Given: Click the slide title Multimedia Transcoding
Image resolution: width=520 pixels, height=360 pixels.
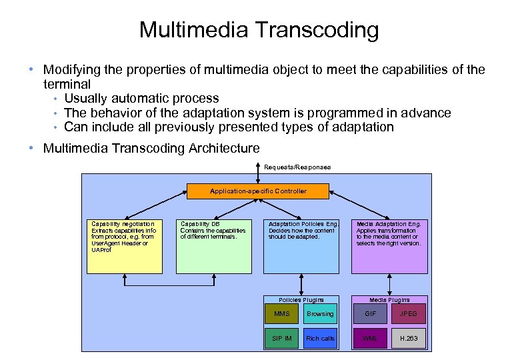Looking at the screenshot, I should pos(259,29).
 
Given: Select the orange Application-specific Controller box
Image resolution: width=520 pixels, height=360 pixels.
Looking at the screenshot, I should pos(258,191).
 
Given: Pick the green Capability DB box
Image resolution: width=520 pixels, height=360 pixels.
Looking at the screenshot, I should pos(214,246).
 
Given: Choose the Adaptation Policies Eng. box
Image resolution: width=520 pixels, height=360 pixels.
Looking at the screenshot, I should pos(301,246).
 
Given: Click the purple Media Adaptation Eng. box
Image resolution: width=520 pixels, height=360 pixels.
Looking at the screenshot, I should pos(390,246).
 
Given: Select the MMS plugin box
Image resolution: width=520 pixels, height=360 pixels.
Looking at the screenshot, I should pos(282,314).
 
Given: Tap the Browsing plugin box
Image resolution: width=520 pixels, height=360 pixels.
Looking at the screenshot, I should pos(320,314).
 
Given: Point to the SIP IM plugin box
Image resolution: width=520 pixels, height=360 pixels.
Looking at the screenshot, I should pos(282,338).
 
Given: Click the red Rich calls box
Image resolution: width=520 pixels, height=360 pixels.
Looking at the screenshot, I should pos(320,338).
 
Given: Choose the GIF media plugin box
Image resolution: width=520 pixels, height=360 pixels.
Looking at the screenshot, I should pos(371,314).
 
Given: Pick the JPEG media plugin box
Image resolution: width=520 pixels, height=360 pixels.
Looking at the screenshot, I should pos(409,314).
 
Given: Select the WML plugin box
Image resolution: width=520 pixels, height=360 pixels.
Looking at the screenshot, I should pos(371,338).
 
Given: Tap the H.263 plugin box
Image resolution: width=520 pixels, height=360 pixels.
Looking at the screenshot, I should pos(409,338).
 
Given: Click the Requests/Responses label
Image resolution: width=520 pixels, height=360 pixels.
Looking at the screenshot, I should pos(297,167).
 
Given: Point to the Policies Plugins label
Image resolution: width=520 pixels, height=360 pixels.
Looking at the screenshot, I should pos(301,300).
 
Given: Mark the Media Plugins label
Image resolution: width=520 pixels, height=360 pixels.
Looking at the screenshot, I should pos(390,300).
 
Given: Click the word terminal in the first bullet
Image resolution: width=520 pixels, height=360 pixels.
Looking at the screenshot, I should pos(67,85).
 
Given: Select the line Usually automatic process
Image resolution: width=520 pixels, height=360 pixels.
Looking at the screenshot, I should pos(141,99).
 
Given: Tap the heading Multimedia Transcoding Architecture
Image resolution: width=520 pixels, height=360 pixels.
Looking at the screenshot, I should pos(151,148).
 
